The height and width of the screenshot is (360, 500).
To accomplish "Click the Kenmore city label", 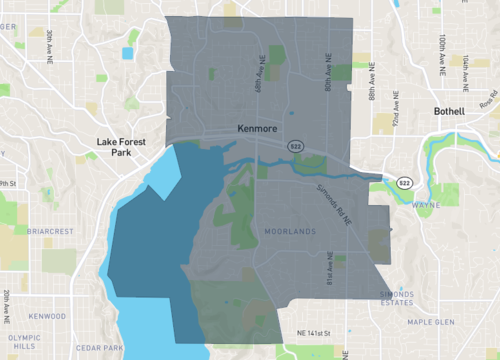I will click(x=261, y=129).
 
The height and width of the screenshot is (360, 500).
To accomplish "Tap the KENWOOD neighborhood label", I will click(x=47, y=316).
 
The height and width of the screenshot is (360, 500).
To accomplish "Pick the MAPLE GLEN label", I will click(x=431, y=322).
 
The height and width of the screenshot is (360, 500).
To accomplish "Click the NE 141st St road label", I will click(x=321, y=332).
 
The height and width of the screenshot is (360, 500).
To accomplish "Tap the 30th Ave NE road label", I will click(x=49, y=46).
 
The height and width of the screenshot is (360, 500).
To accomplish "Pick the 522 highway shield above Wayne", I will click(x=403, y=183).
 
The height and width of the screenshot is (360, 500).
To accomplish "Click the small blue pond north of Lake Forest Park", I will click(x=127, y=53).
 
